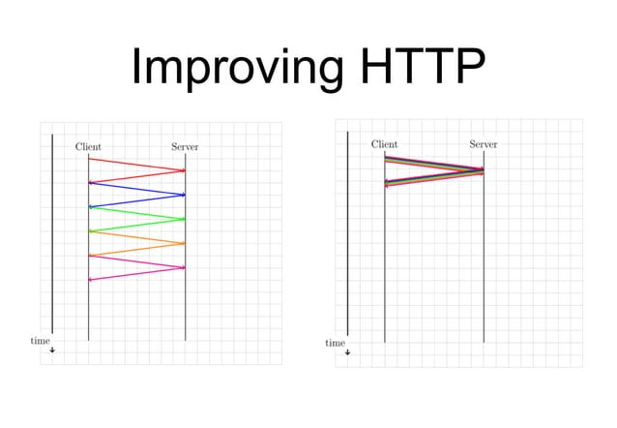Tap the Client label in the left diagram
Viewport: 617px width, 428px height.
(x=88, y=147)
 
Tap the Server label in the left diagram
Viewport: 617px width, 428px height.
(x=185, y=147)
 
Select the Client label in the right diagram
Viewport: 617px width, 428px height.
(x=384, y=144)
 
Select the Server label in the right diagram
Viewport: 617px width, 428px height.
(x=484, y=144)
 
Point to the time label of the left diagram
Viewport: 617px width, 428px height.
(x=40, y=341)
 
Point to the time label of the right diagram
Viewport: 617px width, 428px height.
(x=335, y=343)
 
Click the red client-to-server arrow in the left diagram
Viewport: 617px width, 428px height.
(x=136, y=165)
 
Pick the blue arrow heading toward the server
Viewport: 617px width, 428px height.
(x=136, y=189)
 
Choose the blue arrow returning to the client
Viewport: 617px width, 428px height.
(x=136, y=200)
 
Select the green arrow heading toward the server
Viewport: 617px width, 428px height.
(x=136, y=213)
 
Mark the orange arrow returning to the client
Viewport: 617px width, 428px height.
(x=136, y=249)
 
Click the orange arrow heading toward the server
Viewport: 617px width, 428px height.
(x=136, y=237)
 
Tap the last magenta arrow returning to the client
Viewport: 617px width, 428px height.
(x=136, y=273)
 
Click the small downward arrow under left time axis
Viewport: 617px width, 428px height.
(x=52, y=350)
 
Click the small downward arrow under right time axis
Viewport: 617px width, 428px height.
(x=347, y=352)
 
